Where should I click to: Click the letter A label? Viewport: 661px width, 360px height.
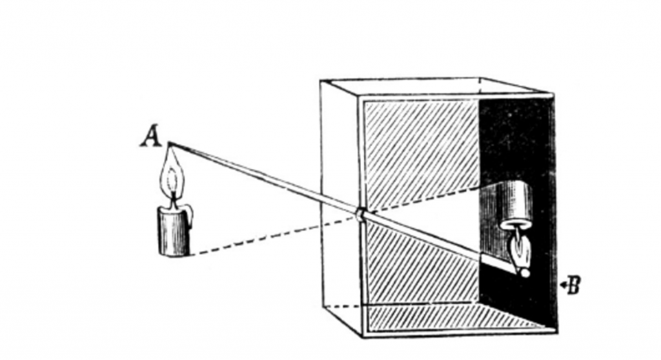pyautogui.click(x=150, y=135)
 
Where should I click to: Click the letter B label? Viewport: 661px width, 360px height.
pyautogui.click(x=574, y=285)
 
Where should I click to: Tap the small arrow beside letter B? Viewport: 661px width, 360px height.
pyautogui.click(x=563, y=285)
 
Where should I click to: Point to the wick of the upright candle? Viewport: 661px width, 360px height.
pyautogui.click(x=173, y=201)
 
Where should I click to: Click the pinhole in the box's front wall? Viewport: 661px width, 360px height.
pyautogui.click(x=359, y=214)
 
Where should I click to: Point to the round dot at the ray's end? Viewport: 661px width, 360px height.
pyautogui.click(x=525, y=273)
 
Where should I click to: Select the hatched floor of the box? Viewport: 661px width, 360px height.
pyautogui.click(x=447, y=316)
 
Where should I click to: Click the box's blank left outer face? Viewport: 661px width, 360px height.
pyautogui.click(x=340, y=203)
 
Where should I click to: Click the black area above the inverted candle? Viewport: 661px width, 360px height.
pyautogui.click(x=516, y=139)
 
